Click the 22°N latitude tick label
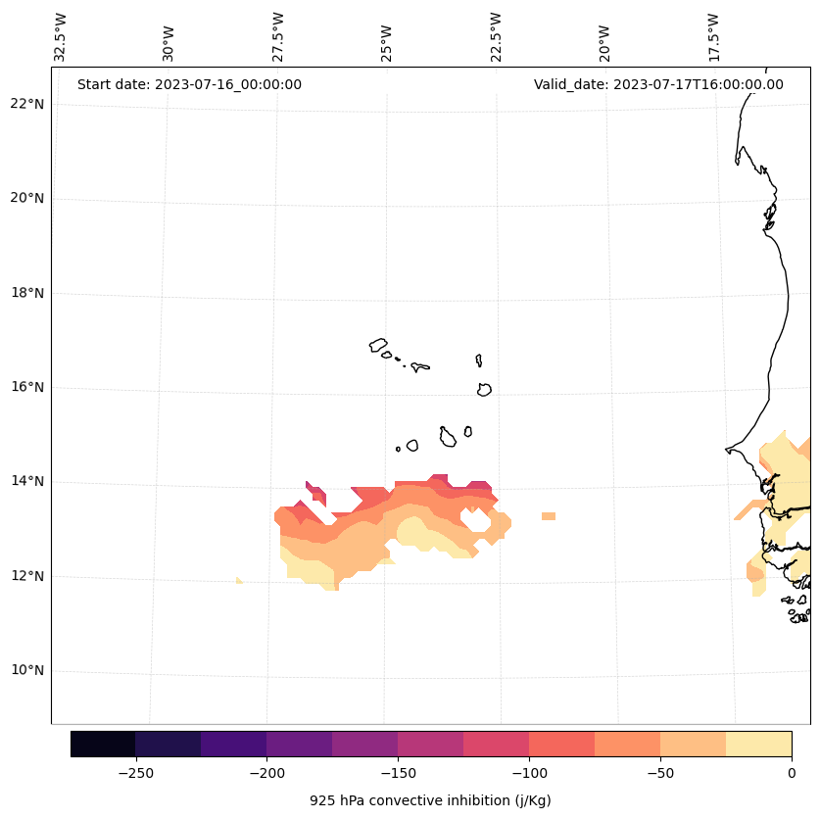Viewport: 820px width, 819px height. [27, 104]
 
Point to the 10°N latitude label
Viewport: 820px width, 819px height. [27, 671]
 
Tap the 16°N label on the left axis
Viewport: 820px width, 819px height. [27, 388]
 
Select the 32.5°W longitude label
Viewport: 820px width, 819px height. [61, 37]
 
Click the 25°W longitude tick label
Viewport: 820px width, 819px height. [387, 41]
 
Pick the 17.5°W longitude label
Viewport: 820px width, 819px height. [713, 37]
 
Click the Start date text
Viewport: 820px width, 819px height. [189, 84]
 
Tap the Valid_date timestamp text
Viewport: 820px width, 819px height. [658, 84]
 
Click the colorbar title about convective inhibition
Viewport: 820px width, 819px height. [430, 800]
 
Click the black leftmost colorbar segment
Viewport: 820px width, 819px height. [103, 744]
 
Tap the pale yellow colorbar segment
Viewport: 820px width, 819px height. [758, 744]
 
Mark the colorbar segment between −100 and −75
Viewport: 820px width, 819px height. [561, 744]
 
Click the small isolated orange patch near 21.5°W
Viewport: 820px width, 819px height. [549, 516]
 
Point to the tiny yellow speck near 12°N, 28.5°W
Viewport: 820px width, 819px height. [239, 581]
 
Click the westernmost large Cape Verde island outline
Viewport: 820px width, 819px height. [378, 345]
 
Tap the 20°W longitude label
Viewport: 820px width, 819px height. [604, 41]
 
